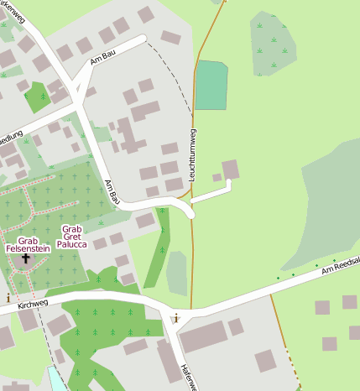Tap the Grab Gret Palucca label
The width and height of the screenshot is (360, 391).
71,237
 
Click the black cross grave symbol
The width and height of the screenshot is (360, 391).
25,258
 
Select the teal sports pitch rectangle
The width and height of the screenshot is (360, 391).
211,86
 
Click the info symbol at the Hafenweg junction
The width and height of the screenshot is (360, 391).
175,318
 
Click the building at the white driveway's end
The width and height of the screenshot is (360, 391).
230,169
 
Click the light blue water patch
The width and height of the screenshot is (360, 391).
55,379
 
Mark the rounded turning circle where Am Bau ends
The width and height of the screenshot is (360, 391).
190,209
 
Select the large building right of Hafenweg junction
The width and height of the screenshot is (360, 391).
202,336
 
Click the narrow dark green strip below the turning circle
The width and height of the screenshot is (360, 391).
156,252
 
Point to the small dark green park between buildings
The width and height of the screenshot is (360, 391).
37,96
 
